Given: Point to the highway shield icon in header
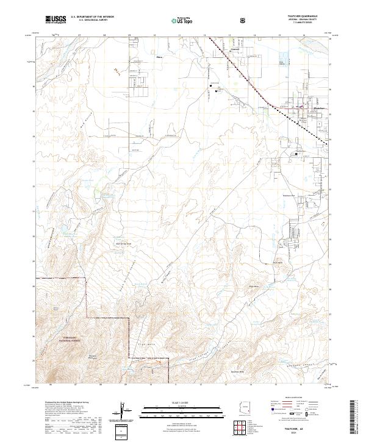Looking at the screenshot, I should coord(244,20).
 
